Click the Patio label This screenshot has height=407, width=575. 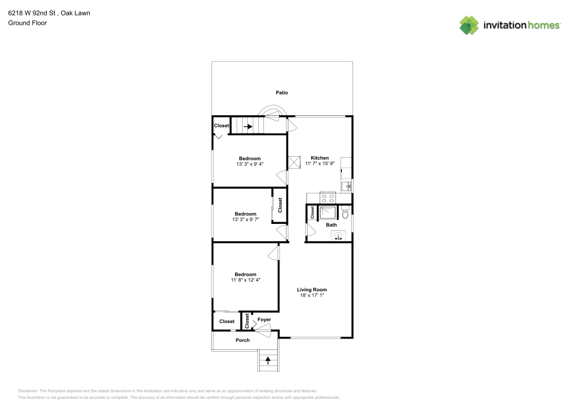281,93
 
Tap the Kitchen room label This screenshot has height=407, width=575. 320,158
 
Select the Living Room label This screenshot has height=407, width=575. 312,290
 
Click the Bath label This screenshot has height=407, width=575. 332,225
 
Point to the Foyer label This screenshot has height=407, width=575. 264,319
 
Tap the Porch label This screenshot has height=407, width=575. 243,340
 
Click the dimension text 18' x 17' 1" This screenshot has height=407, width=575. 312,295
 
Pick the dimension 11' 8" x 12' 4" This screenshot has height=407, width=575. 245,280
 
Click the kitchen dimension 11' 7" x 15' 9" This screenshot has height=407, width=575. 320,163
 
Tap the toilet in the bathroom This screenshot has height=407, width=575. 345,213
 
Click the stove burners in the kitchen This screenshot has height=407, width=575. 328,196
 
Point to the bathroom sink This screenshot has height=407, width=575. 338,235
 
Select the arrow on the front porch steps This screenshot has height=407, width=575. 267,360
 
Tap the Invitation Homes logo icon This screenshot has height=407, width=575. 469,25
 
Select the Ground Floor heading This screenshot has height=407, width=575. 27,23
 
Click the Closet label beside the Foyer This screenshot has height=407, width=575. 247,321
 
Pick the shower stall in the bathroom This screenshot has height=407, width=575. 328,212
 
